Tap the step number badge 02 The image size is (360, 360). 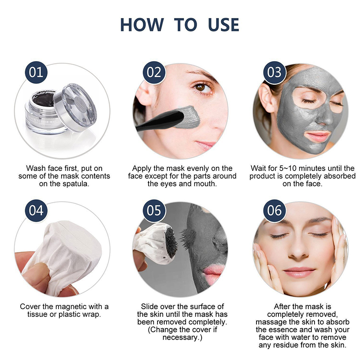[154, 72]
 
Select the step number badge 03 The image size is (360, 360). [274, 72]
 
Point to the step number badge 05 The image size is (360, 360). [154, 211]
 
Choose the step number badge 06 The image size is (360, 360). [274, 211]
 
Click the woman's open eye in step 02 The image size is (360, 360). [202, 86]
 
